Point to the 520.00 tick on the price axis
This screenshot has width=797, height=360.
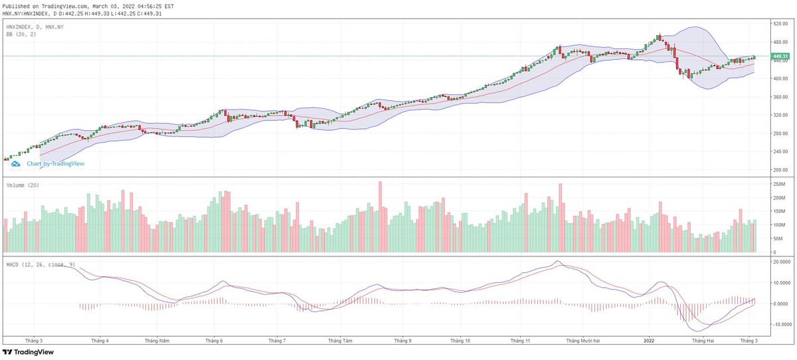click(x=780, y=23)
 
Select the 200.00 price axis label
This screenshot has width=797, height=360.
click(x=780, y=170)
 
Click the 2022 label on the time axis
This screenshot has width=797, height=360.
click(x=650, y=340)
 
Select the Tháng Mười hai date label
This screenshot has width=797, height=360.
click(x=582, y=340)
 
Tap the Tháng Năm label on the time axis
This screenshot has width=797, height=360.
click(x=157, y=340)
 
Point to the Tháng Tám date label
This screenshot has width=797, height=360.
click(x=339, y=340)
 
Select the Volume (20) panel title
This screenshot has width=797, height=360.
click(x=23, y=185)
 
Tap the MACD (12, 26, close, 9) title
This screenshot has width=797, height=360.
click(x=41, y=265)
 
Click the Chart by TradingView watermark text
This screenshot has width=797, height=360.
click(x=55, y=163)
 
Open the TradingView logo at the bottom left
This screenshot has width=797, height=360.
click(x=28, y=352)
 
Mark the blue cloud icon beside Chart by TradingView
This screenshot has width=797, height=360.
click(x=16, y=163)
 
